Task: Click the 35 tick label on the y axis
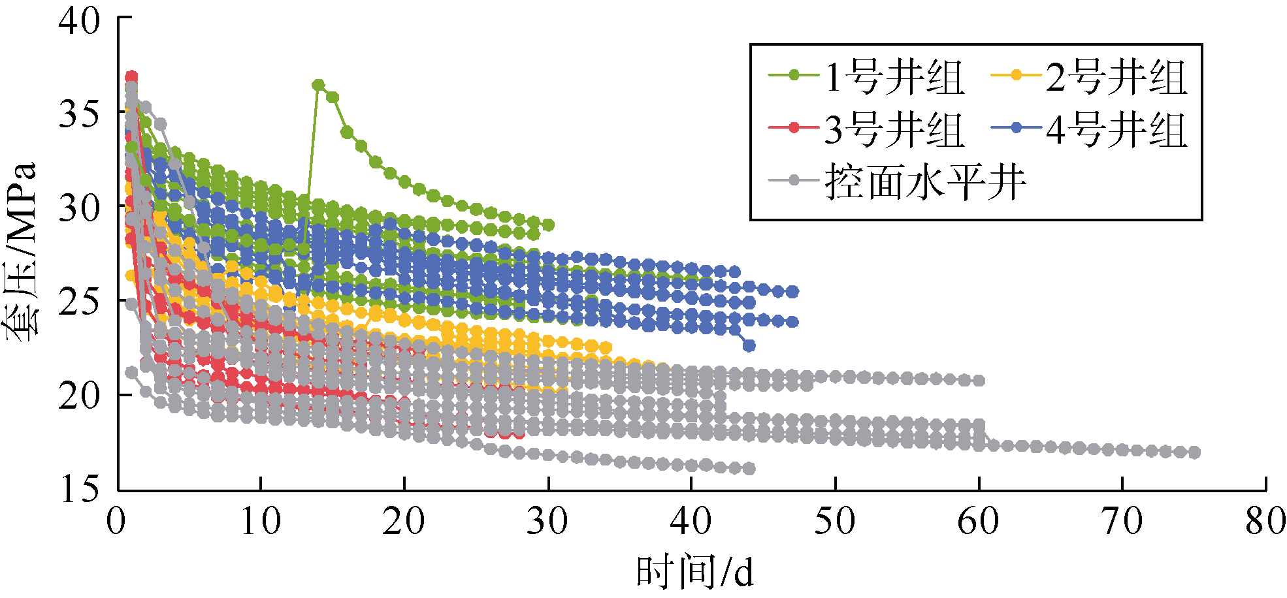(x=80, y=114)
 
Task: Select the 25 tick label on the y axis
(x=80, y=301)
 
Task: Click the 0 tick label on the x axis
(x=118, y=521)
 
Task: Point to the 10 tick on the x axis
(x=261, y=521)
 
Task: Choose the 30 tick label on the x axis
(x=548, y=521)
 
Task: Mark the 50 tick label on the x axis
(x=835, y=521)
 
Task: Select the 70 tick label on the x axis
(x=1122, y=521)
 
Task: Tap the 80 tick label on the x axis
(x=1265, y=521)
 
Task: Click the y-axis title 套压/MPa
(x=23, y=251)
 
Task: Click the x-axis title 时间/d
(x=695, y=572)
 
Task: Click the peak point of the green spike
(x=318, y=85)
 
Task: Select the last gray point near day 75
(x=1194, y=452)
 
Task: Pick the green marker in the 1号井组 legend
(x=794, y=75)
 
